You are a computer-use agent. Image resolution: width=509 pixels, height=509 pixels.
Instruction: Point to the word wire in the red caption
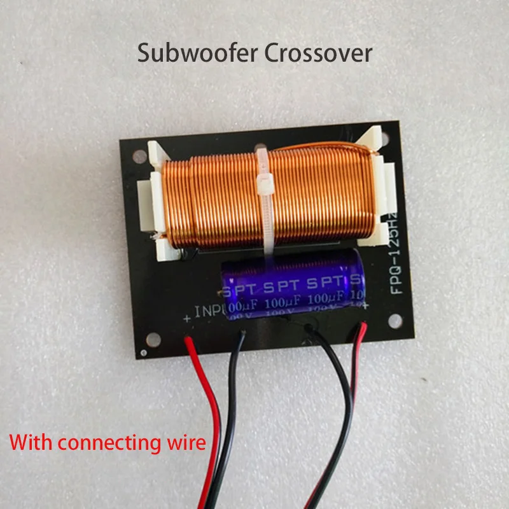pos(185,441)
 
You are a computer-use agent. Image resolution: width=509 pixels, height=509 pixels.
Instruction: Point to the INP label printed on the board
pos(211,312)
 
